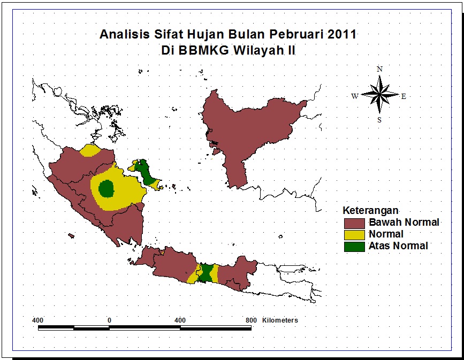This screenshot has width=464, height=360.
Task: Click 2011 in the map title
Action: pos(342,35)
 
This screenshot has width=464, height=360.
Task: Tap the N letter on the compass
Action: pos(379,69)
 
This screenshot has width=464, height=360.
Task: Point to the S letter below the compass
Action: pos(379,120)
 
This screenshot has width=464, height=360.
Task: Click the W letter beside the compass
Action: pos(354,96)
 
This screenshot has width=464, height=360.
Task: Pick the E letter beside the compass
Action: pos(404,96)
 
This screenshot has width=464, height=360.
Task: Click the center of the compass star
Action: pos(379,95)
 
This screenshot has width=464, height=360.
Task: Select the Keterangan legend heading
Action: pos(371,210)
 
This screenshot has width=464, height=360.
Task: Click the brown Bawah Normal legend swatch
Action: pos(354,222)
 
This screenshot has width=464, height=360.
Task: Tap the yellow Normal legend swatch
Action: pos(354,234)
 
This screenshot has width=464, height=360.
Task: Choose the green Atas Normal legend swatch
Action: pos(354,246)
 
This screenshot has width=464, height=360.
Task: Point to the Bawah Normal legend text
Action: pos(404,222)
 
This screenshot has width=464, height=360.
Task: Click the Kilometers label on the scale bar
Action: pos(280,320)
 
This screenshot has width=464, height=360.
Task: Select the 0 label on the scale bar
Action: pos(109,320)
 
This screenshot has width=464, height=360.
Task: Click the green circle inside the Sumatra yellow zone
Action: pos(107,188)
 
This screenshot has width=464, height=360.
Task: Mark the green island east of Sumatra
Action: pos(144,171)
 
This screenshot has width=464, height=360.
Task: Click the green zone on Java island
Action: pos(205,273)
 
